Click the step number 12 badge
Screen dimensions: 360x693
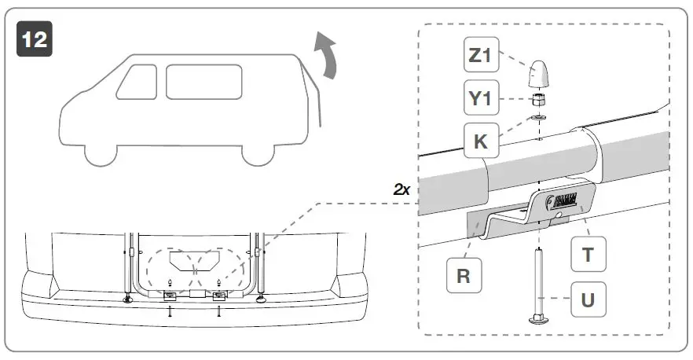34,39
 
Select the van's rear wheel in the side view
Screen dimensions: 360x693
258,152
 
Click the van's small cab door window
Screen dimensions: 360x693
137,82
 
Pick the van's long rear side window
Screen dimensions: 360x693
202,82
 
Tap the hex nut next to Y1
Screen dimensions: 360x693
539,100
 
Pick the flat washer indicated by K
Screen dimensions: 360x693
539,119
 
